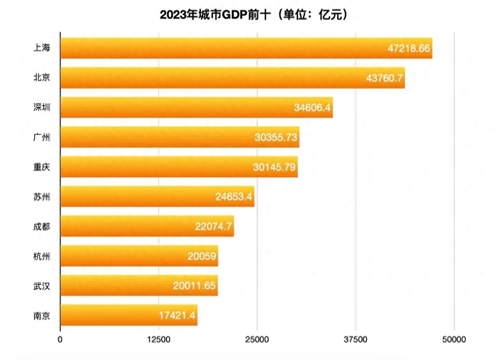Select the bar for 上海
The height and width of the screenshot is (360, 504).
[x=246, y=48]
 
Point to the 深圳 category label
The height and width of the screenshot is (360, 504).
[x=42, y=108]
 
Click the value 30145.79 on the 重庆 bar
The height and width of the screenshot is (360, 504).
[x=275, y=167]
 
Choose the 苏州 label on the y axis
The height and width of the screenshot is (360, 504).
[x=42, y=196]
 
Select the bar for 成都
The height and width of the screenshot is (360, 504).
[x=147, y=226]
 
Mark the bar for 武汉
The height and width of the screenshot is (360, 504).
[x=139, y=286]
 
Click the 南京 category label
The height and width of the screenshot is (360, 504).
[x=42, y=315]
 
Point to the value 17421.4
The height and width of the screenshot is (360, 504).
[x=177, y=315]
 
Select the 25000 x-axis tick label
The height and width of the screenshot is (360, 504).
[x=257, y=339]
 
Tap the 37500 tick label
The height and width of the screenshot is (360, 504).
[x=355, y=339]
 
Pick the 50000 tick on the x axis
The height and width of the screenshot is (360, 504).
[x=454, y=339]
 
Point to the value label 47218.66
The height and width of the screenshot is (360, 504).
[x=409, y=48]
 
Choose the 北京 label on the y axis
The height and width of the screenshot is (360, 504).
[x=42, y=78]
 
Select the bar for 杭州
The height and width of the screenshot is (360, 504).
[x=139, y=256]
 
